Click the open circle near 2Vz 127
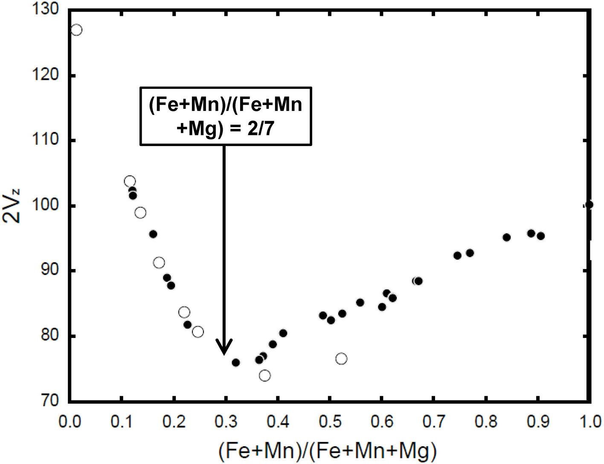pos(76,30)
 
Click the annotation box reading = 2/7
pos(226,116)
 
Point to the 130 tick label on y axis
pos(45,9)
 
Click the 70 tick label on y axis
pos(49,400)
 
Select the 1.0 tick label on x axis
pos(589,422)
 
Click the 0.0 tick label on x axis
pos(70,422)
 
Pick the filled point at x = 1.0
pos(589,205)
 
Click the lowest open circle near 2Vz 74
pos(264,376)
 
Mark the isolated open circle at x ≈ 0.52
pos(341,359)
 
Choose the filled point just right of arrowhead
pos(235,362)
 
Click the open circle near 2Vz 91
pos(159,263)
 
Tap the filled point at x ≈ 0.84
pos(506,237)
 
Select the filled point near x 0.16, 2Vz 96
pos(153,234)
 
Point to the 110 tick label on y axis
pos(45,140)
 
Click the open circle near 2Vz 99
pos(140,213)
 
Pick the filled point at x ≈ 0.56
pos(360,303)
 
